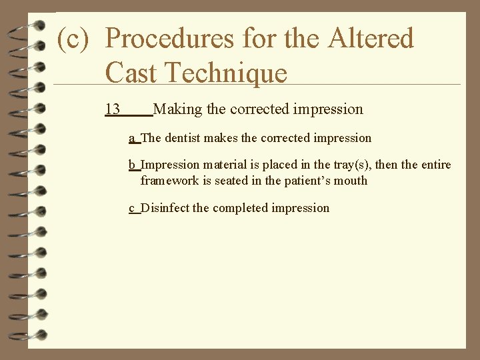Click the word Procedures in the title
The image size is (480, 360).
point(170,39)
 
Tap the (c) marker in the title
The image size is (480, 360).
point(73,39)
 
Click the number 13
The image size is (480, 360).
point(112,109)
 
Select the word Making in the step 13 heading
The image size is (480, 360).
point(181,109)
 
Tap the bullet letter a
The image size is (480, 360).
point(132,139)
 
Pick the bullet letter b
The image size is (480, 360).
point(132,165)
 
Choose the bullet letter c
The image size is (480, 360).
point(132,208)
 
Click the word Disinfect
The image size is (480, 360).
point(165,208)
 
